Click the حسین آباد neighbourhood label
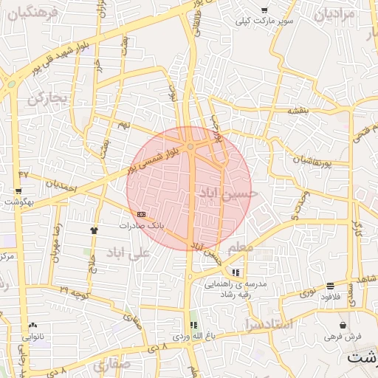pyautogui.click(x=228, y=192)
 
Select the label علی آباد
pyautogui.click(x=128, y=252)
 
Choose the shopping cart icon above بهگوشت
pyautogui.click(x=18, y=191)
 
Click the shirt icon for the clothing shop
pyautogui.click(x=94, y=230)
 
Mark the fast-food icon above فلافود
pyautogui.click(x=330, y=286)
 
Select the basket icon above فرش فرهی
pyautogui.click(x=343, y=325)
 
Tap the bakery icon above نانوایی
pyautogui.click(x=32, y=325)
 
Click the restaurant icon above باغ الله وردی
pyautogui.click(x=193, y=325)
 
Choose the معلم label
pyautogui.click(x=240, y=247)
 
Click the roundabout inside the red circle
pyautogui.click(x=190, y=148)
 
